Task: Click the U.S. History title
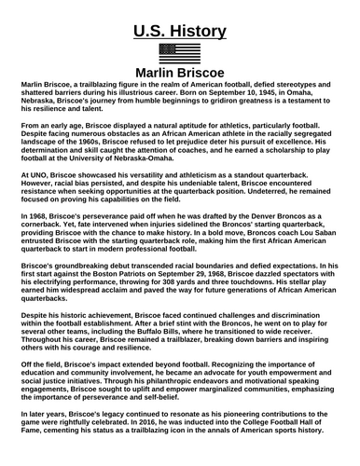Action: coord(180,32)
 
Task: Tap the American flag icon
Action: coord(180,53)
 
